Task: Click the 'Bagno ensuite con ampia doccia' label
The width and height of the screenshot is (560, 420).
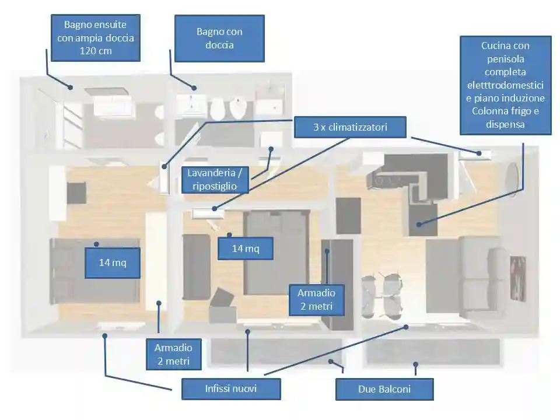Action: tap(95, 38)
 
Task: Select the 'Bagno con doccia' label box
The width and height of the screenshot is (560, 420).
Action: tap(219, 38)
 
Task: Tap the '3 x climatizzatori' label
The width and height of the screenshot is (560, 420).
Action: tap(350, 127)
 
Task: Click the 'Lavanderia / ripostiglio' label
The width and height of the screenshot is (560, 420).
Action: tap(215, 180)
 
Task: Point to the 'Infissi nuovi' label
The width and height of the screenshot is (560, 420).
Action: tap(231, 388)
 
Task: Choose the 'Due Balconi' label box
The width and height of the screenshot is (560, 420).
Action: tap(384, 389)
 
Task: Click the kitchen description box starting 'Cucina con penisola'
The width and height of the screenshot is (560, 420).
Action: tap(505, 85)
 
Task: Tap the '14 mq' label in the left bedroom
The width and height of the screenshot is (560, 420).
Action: tap(113, 263)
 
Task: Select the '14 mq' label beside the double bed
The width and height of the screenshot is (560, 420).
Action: tap(246, 249)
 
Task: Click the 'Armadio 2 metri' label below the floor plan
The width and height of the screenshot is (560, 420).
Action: tap(174, 354)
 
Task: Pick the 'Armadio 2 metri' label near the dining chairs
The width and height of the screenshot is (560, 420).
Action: tap(316, 300)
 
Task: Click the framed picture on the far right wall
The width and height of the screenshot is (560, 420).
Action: tap(518, 279)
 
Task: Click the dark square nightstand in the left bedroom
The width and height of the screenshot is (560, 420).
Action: tap(76, 193)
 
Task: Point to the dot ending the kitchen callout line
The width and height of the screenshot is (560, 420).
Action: tap(419, 224)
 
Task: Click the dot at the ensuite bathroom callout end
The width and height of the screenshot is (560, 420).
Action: tap(71, 87)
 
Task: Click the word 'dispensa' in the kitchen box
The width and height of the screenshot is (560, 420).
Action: tap(505, 124)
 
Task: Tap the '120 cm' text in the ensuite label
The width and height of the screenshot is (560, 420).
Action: tap(96, 51)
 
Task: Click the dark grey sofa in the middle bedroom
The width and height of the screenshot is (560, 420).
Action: tap(196, 267)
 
